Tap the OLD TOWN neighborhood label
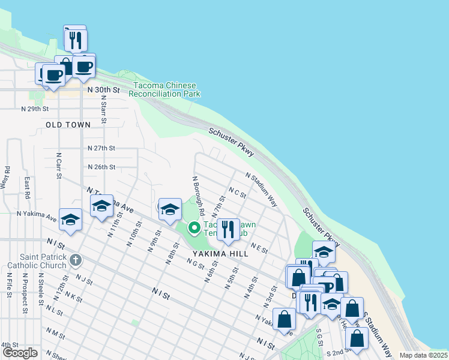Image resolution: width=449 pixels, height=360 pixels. tap(68, 125)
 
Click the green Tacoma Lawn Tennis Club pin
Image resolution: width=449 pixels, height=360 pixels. tap(194, 228)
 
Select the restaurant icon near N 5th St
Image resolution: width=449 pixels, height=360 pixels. tap(228, 230)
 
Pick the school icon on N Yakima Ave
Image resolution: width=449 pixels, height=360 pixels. tap(70, 219)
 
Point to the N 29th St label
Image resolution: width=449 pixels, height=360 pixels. tap(34, 109)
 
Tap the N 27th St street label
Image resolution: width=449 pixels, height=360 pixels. tap(101, 148)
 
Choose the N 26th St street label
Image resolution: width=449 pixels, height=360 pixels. tap(101, 167)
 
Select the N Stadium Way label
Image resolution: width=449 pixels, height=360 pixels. tap(261, 189)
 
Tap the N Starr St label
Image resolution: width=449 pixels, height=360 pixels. tap(104, 112)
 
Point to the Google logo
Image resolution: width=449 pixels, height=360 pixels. tap(19, 353)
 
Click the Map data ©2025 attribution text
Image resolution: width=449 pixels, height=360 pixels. tap(423, 355)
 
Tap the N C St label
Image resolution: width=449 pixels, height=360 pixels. tap(238, 193)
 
